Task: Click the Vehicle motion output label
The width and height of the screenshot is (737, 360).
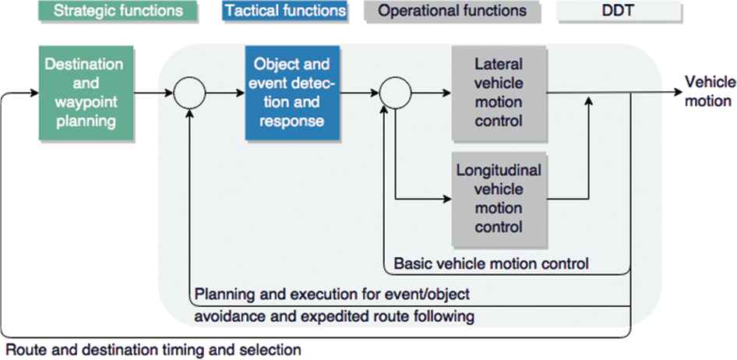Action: coord(707,92)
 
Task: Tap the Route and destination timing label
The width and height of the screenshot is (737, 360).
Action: coord(153,350)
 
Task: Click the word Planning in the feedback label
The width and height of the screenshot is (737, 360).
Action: coord(221,295)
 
